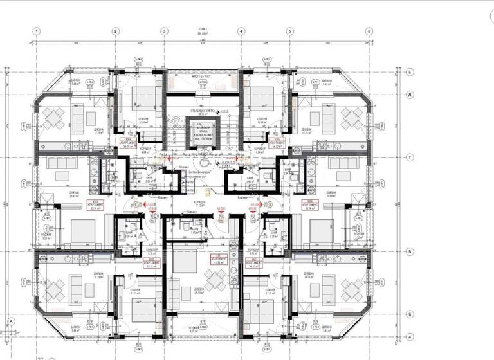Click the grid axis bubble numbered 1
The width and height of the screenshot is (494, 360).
click(x=37, y=31)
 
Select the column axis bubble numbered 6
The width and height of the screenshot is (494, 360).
click(x=369, y=31)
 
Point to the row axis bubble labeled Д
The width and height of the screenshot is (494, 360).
click(x=409, y=94)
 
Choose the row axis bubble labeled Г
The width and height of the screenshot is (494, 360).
click(x=409, y=156)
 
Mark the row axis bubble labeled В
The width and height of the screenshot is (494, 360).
click(x=409, y=252)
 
